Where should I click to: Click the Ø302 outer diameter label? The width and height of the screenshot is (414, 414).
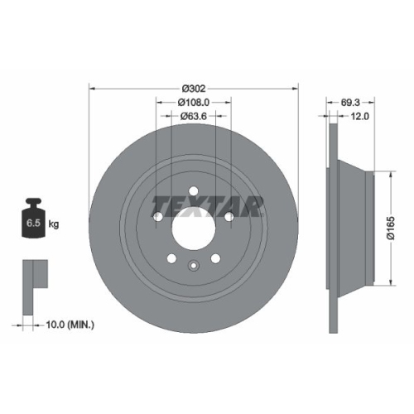(192, 86)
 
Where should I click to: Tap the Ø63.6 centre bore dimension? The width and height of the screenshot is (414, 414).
(193, 117)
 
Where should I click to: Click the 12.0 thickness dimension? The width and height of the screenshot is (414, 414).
(359, 117)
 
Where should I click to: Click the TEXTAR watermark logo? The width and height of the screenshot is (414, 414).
(208, 204)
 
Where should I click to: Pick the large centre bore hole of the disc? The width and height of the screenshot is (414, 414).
(192, 222)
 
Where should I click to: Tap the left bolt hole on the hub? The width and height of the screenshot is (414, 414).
(157, 216)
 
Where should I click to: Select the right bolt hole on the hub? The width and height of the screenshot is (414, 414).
(228, 216)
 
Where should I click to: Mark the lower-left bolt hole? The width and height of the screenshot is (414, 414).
(171, 256)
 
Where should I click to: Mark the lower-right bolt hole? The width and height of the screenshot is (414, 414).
(214, 256)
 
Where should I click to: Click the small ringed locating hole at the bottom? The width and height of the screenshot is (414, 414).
(192, 267)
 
